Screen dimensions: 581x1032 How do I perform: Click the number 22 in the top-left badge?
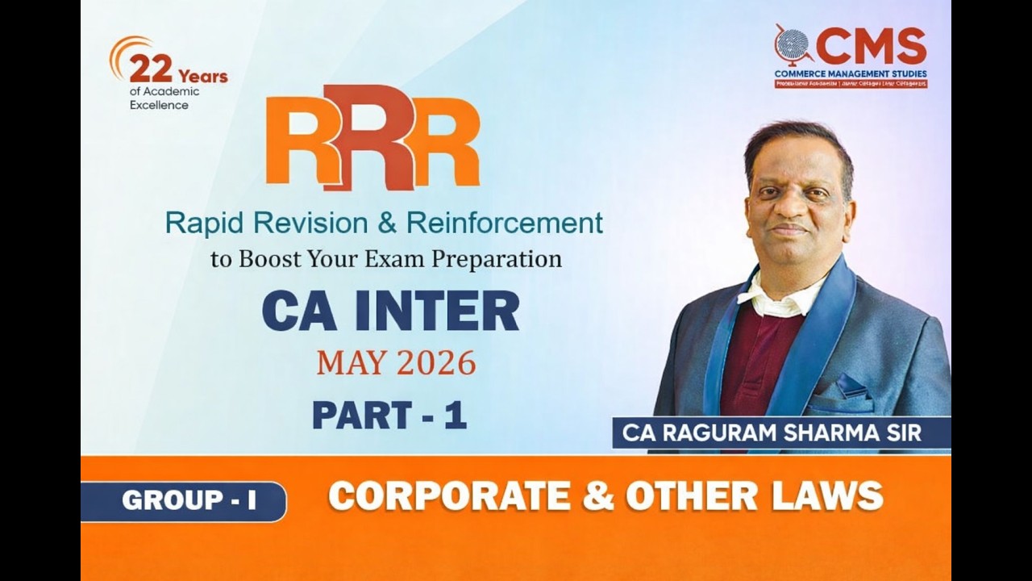pyautogui.click(x=150, y=69)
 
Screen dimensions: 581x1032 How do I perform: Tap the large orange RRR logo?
pyautogui.click(x=372, y=137)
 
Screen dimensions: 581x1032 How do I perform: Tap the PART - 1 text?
pyautogui.click(x=389, y=415)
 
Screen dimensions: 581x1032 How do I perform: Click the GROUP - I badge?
pyautogui.click(x=189, y=501)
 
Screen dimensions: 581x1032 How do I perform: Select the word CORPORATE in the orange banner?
pyautogui.click(x=449, y=496)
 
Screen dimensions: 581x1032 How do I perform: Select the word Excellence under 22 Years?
pyautogui.click(x=159, y=105)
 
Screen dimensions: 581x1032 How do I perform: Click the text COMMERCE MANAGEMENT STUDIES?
pyautogui.click(x=851, y=73)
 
